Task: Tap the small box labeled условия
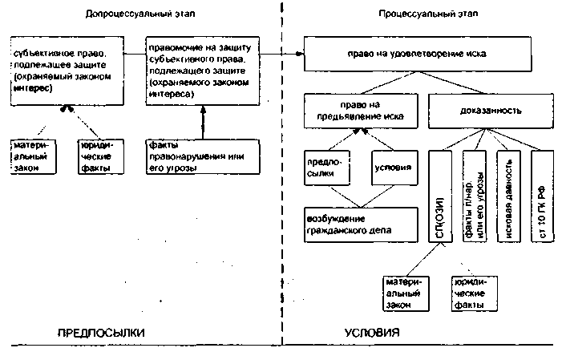(x=393, y=168)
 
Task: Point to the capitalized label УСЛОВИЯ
(x=373, y=332)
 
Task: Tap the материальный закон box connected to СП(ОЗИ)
(x=402, y=293)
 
